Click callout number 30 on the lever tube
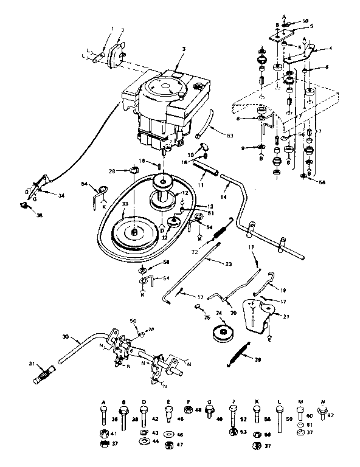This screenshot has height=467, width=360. pos(65,336)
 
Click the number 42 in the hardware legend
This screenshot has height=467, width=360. pos(154,419)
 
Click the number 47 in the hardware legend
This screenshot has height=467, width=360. pos(179,445)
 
